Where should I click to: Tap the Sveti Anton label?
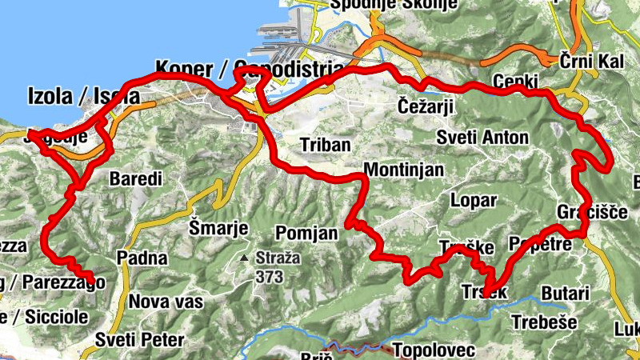point(482,138)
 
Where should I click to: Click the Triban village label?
point(325,145)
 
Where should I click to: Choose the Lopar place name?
point(474,200)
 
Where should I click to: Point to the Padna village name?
point(142,258)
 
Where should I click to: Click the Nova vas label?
point(166,302)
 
